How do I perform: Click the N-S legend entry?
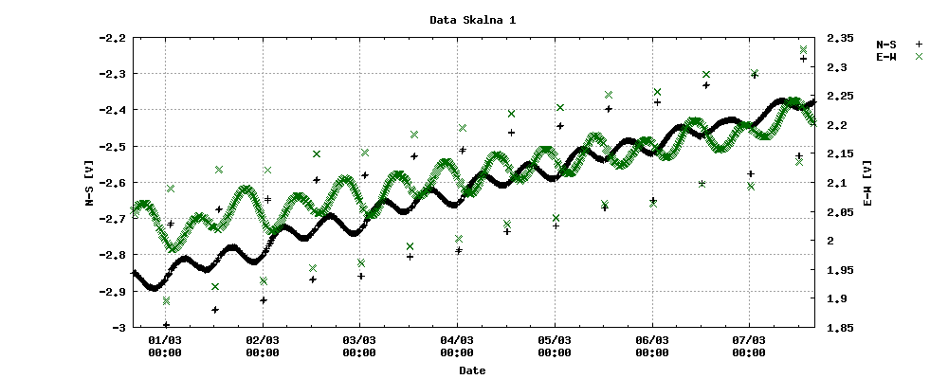coord(887,44)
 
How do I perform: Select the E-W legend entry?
coord(887,57)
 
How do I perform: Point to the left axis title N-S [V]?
coord(87,182)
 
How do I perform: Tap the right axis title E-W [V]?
coord(868,182)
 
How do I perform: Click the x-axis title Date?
coord(472,370)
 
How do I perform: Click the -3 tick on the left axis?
coord(118,328)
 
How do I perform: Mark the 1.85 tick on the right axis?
coord(840,328)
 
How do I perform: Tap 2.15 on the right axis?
coord(840,153)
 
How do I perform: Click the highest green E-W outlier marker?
coord(803,49)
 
